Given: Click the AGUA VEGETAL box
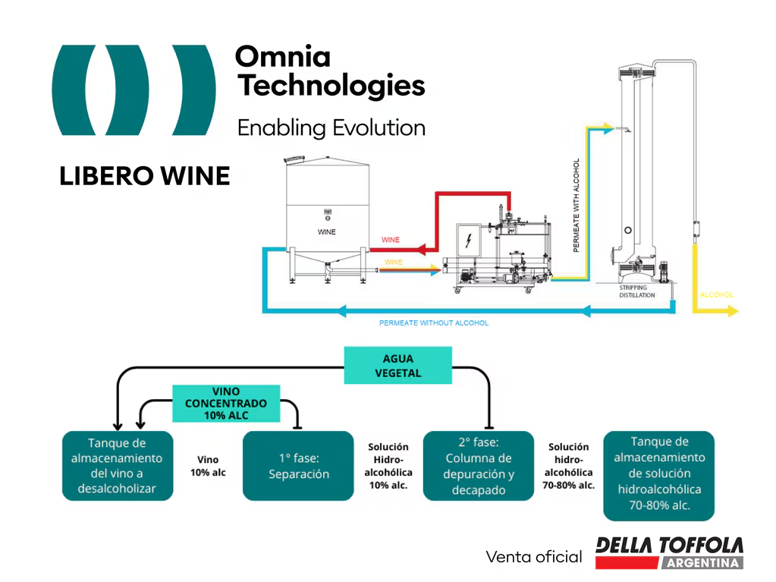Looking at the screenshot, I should point(397,365).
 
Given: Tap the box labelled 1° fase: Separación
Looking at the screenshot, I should point(298,466).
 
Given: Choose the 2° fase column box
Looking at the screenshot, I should point(479,466).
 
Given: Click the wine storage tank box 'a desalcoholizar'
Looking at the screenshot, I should point(117,466).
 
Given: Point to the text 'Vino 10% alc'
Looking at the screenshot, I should point(207,466).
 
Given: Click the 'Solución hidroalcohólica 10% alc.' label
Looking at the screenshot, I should point(388,466).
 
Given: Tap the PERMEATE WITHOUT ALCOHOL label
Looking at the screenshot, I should point(434,323).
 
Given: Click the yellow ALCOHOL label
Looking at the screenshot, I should point(716,294).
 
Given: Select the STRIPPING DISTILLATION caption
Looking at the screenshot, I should point(637,291).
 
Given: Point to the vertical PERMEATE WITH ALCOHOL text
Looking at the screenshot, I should point(577,206).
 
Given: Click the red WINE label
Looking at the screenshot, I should point(390,240).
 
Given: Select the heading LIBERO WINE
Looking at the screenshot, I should point(144,176).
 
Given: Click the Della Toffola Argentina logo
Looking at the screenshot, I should point(668,552).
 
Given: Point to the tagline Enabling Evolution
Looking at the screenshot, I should point(331,127).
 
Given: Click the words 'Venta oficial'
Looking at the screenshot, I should point(533,557).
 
